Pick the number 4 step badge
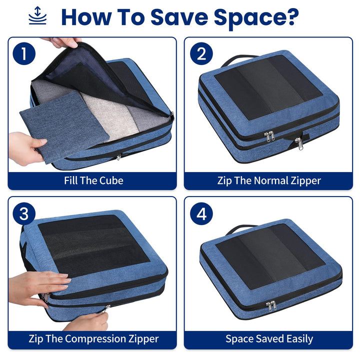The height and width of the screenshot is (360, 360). coord(201,214)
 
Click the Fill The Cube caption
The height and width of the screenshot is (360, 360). coord(93,180)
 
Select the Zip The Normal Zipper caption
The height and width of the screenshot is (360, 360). coord(269,180)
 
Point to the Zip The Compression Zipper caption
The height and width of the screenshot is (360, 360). coord(93,338)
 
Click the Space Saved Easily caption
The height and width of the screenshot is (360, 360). coord(269,338)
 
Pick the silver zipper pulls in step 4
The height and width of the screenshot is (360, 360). coord(271,305)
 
